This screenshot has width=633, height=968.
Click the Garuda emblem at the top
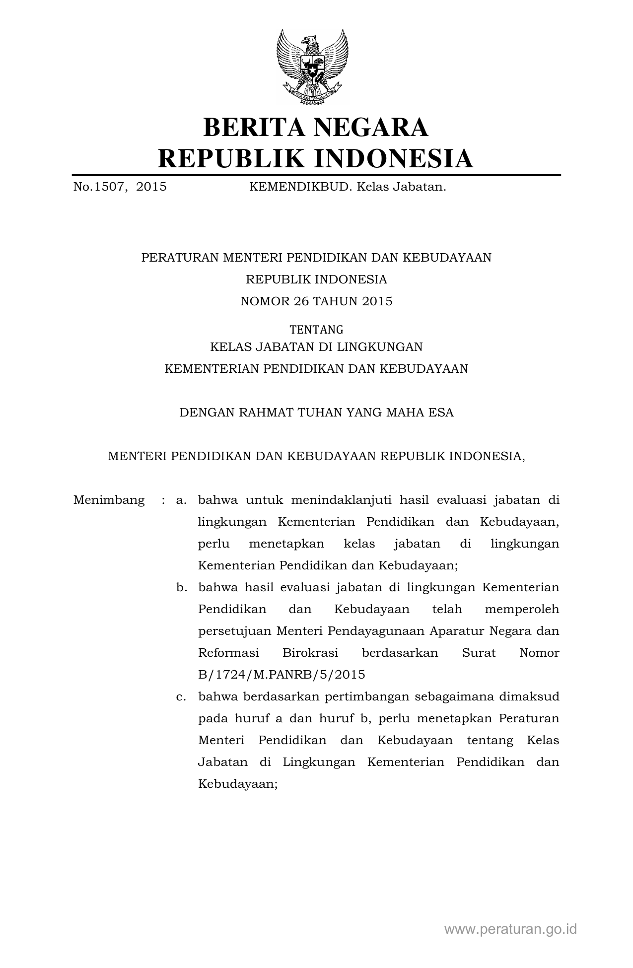click(x=312, y=68)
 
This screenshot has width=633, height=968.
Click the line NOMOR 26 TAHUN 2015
click(x=316, y=301)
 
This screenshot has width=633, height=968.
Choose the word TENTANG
click(x=316, y=330)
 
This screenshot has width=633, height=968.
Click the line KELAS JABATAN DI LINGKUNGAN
click(x=316, y=347)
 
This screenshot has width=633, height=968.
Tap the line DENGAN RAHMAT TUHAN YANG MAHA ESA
click(x=316, y=413)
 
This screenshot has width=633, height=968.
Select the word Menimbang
click(x=109, y=500)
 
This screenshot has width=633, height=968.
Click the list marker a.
click(x=181, y=500)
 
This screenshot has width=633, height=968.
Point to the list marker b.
click(x=181, y=587)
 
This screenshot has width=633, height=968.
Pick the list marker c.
click(x=181, y=696)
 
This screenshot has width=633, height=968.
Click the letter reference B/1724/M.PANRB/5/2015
click(x=281, y=675)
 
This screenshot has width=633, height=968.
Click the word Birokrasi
click(x=310, y=653)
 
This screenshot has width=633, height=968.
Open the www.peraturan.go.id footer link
click(x=510, y=929)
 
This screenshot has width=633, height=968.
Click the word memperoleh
click(x=522, y=609)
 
